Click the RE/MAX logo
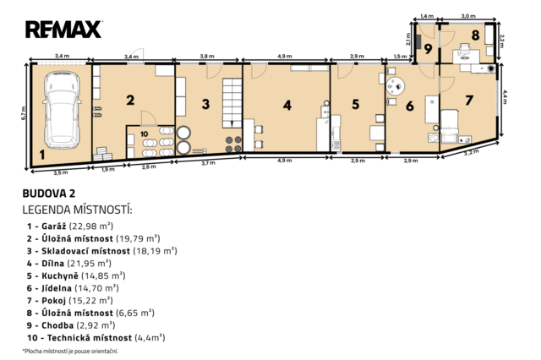coord(63,30)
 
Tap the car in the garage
coord(62,110)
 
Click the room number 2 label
coord(130,100)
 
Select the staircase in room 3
coord(232,102)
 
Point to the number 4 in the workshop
coord(287,105)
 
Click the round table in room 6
coord(396,86)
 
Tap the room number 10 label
coord(145,134)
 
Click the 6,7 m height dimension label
coord(24,113)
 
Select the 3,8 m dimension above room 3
coord(207,56)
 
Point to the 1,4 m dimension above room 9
coord(427,16)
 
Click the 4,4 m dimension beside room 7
coord(505,97)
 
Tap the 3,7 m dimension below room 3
coord(208,163)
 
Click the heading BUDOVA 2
coord(49,194)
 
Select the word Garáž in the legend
coord(54,226)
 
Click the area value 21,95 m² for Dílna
coord(89,264)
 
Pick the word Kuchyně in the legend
coord(60,275)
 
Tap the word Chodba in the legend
coord(57,325)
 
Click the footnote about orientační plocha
coord(70,352)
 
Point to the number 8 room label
coord(475,35)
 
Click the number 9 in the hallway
coord(428,49)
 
